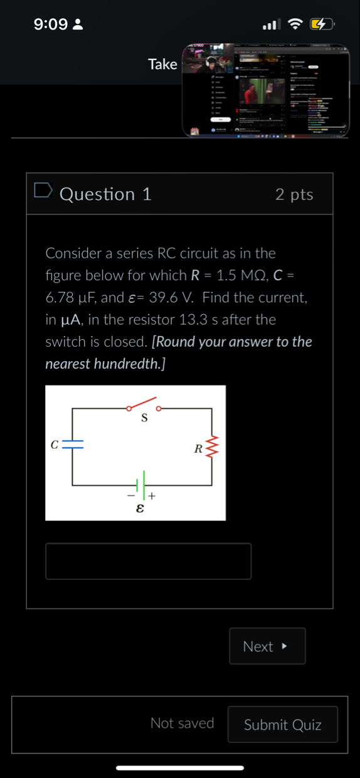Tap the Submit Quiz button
pos(282,725)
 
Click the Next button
pos(267,646)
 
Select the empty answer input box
pos(148,561)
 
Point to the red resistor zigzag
pos(211,448)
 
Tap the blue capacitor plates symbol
pos(73,444)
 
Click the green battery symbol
pos(142,483)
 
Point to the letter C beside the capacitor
pos(55,444)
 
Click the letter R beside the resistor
pos(198,448)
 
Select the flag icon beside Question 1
pos(43,191)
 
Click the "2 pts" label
pos(294,194)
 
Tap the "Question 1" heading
pos(105,194)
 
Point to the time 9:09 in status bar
pos(50,24)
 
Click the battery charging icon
pos(321,24)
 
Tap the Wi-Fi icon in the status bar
pos(295,24)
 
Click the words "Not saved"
pos(182,723)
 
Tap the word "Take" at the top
pos(162,64)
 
